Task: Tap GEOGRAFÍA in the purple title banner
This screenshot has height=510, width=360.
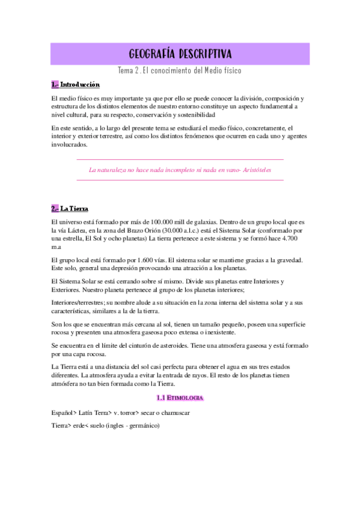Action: pyautogui.click(x=154, y=54)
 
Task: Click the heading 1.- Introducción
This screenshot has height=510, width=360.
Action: pyautogui.click(x=76, y=85)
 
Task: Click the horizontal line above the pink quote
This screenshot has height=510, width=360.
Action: pyautogui.click(x=180, y=159)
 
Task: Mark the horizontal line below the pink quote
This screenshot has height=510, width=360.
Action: pyautogui.click(x=180, y=180)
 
